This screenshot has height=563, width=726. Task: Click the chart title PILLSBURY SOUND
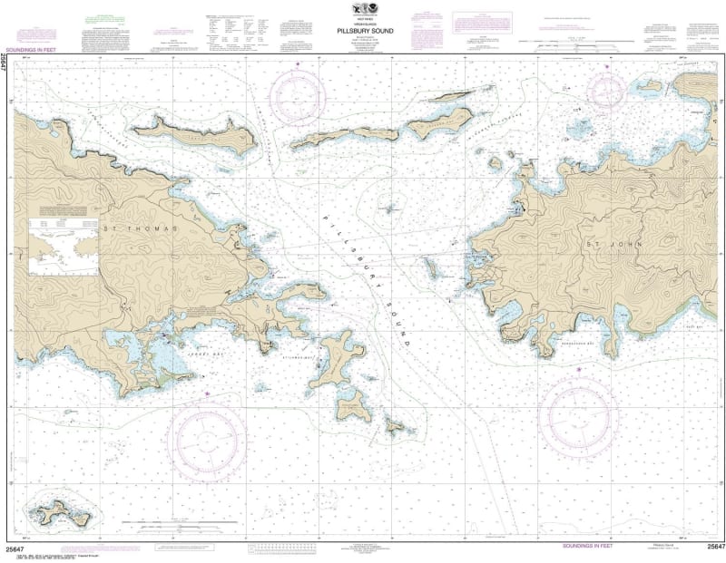(x=362, y=28)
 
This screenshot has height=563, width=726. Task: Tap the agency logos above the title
(x=362, y=12)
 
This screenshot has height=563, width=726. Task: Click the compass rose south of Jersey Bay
(x=207, y=442)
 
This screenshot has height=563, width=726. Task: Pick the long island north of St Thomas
(x=193, y=133)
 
